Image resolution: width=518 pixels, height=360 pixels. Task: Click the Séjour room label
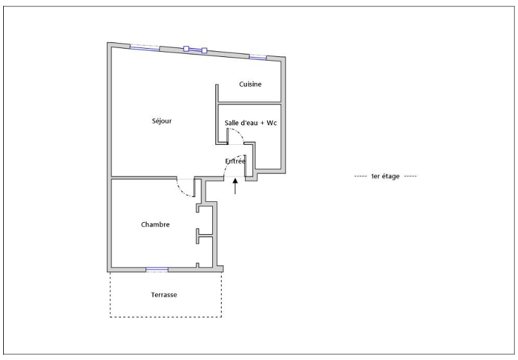pos(162,121)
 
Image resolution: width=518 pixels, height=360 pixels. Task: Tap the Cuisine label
pos(250,84)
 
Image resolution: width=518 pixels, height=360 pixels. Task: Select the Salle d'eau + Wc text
pos(251,123)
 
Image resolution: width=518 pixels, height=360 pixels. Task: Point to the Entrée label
pos(235,161)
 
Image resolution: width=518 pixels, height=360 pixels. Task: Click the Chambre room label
pos(155,225)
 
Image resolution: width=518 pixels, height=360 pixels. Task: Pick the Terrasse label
pos(164,295)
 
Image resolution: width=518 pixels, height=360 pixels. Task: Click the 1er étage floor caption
pos(385,177)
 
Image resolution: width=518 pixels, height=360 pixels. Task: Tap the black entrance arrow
pos(235,186)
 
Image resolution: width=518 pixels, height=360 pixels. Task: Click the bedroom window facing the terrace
pos(157,270)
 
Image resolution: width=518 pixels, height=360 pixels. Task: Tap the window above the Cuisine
pos(258,58)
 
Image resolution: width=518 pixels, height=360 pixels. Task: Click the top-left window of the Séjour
pos(144,49)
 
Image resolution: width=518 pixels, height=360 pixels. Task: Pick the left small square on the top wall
pos(186,49)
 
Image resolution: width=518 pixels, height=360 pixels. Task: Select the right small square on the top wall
pos(205,51)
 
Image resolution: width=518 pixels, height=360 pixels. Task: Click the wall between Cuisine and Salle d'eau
pos(250,103)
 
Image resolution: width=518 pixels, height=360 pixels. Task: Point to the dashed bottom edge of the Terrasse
pos(165,317)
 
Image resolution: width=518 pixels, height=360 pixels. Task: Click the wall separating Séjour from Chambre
pos(144,178)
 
